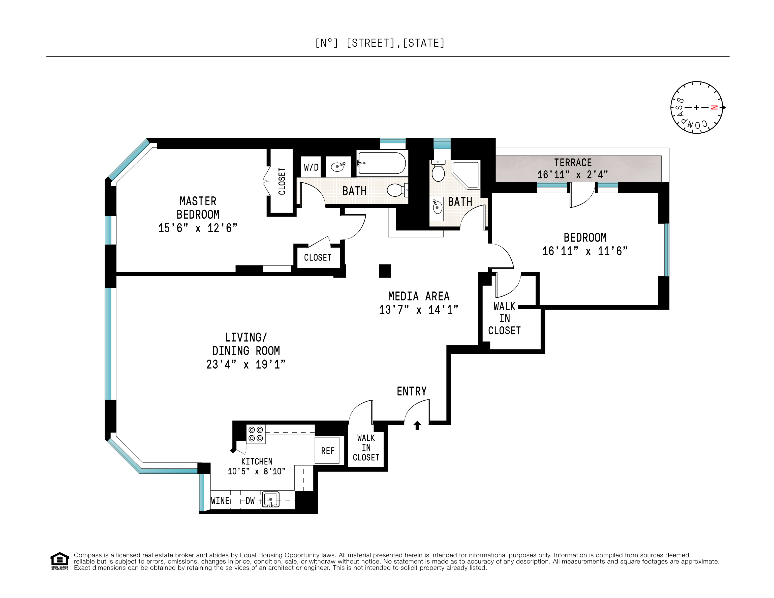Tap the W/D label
point(311,167)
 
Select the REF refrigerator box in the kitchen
point(327,451)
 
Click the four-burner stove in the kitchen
point(256,434)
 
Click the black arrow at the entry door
point(417,425)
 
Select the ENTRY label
point(412,391)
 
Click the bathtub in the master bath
point(382,163)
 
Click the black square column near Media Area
point(385,271)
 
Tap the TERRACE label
point(573,163)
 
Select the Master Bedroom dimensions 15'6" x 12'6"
point(198,228)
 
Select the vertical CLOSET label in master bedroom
point(282,181)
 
